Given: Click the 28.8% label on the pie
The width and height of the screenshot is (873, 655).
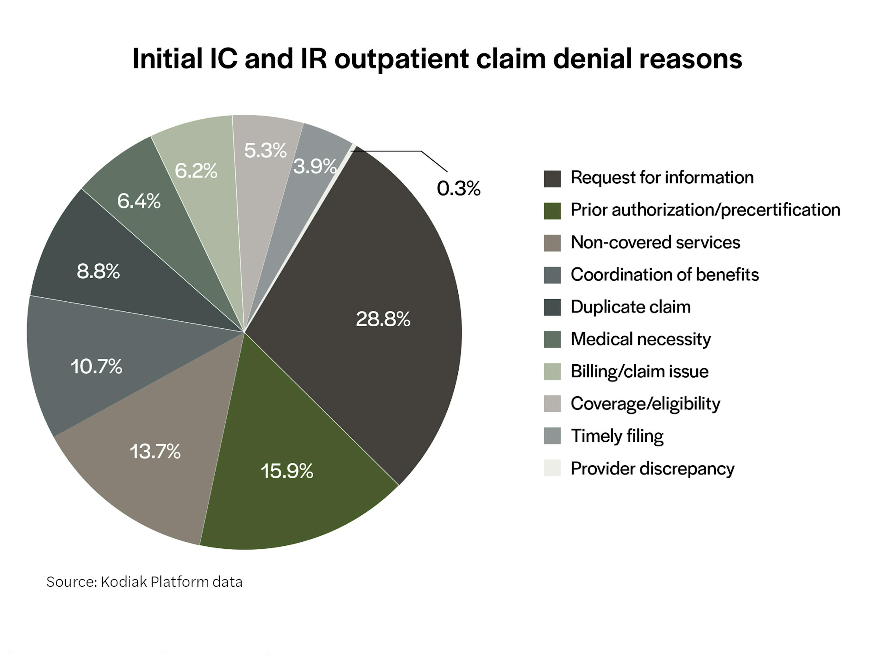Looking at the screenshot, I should (x=383, y=319).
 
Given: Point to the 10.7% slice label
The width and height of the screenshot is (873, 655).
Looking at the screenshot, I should (x=96, y=366).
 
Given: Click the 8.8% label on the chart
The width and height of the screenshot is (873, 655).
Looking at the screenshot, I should (x=98, y=272).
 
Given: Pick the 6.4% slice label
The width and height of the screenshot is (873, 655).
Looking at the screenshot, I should (x=139, y=201).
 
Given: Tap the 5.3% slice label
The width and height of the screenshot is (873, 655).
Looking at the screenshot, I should (x=265, y=150).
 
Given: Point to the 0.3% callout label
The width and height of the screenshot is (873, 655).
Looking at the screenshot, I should (x=459, y=188).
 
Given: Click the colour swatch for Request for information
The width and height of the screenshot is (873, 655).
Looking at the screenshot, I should (x=552, y=179).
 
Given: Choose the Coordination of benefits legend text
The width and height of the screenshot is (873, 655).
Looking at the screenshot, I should (x=665, y=275).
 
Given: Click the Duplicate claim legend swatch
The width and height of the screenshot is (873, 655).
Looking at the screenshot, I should (x=552, y=307).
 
